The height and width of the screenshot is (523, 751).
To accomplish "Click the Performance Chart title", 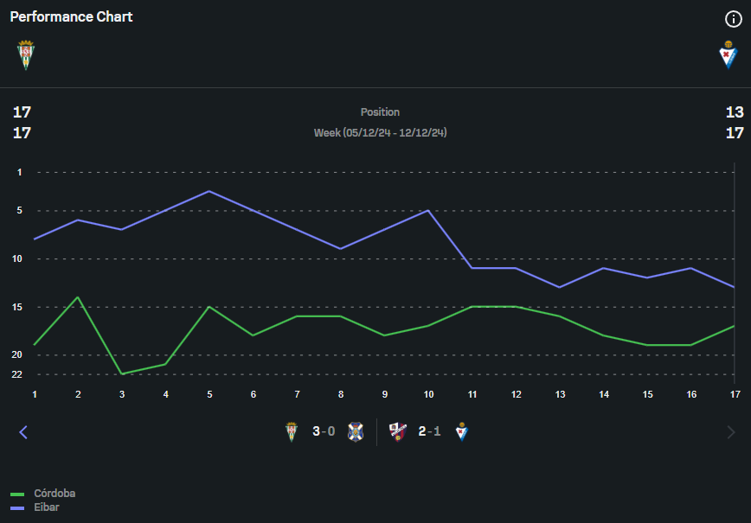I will click(x=71, y=16).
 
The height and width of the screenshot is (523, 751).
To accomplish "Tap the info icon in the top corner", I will click(x=733, y=19).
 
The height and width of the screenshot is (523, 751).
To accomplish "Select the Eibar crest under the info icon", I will click(x=729, y=54).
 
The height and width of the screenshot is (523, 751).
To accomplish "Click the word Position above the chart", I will click(x=380, y=112).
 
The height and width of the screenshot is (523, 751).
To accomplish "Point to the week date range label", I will click(x=380, y=133).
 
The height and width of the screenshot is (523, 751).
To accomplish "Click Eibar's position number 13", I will click(x=735, y=112).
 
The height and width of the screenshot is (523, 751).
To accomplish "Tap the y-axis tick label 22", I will click(x=16, y=374).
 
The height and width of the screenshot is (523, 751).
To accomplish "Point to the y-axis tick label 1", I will click(x=19, y=172).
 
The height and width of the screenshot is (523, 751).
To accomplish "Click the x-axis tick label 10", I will click(x=428, y=394).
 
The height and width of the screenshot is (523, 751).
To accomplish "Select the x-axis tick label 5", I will click(x=209, y=394).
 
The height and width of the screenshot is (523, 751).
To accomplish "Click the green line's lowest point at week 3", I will click(x=122, y=373).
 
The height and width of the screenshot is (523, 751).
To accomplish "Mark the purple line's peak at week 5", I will click(x=209, y=191).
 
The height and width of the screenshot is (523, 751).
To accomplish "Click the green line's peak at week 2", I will click(x=78, y=297).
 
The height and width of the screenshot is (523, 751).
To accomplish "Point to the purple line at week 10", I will click(x=428, y=210).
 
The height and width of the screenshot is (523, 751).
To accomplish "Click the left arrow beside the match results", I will click(x=23, y=432).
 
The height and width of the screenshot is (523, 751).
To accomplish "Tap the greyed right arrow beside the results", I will click(x=731, y=432).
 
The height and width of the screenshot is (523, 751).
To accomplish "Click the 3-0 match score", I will click(x=324, y=431).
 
